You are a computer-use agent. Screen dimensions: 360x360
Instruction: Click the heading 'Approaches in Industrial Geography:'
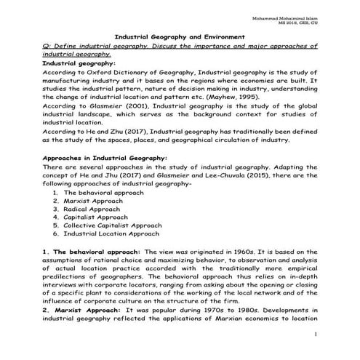coord(105,157)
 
